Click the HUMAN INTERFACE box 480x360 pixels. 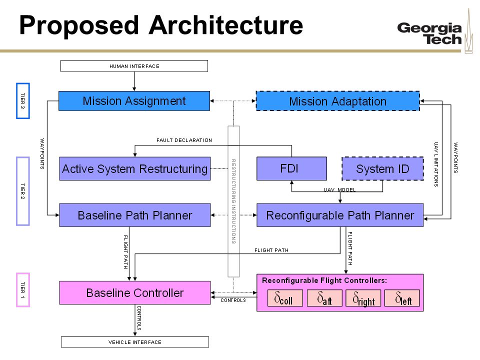pos(134,66)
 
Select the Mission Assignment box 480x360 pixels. pos(134,101)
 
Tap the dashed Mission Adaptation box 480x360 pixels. pos(337,101)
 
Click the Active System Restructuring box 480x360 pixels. pos(135,168)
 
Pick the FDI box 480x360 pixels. pos(291,168)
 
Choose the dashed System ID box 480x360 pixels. pos(382,168)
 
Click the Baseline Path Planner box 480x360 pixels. pos(135,215)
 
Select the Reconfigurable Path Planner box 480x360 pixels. pos(340,215)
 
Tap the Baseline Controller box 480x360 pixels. pos(135,292)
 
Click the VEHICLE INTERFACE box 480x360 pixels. pos(135,342)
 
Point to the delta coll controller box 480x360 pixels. pos(285,298)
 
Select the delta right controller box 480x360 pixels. pos(363,298)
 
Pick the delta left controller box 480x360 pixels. pos(402,298)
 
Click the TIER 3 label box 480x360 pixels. pos(23,100)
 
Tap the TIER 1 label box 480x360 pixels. pos(23,290)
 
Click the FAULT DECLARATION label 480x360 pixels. pos(184,140)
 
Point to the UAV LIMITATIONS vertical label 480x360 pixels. pos(436,164)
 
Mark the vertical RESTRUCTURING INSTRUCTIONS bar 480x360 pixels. pos(233,201)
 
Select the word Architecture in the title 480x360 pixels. pos(226,25)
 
